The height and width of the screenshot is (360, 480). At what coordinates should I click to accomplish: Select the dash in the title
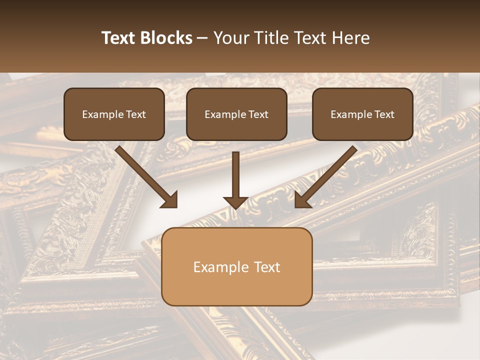pyautogui.click(x=202, y=38)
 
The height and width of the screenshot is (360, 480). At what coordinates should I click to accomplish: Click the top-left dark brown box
pyautogui.click(x=114, y=114)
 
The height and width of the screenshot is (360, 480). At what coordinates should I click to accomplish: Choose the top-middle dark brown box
pyautogui.click(x=236, y=114)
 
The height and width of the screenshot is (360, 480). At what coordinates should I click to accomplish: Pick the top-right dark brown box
pyautogui.click(x=362, y=114)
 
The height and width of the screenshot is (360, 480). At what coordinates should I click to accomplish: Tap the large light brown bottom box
pyautogui.click(x=237, y=266)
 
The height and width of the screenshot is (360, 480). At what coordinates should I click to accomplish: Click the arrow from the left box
pyautogui.click(x=145, y=175)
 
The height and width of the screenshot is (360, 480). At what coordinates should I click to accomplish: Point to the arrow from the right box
pyautogui.click(x=327, y=175)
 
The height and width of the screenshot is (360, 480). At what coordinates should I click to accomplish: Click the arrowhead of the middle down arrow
pyautogui.click(x=235, y=201)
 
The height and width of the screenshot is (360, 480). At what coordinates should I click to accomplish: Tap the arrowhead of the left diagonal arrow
pyautogui.click(x=170, y=200)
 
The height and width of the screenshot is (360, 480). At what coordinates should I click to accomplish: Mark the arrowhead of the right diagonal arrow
pyautogui.click(x=302, y=200)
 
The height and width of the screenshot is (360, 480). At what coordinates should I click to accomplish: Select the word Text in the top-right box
pyautogui.click(x=384, y=114)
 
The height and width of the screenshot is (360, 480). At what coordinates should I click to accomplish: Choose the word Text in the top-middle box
pyautogui.click(x=258, y=114)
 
